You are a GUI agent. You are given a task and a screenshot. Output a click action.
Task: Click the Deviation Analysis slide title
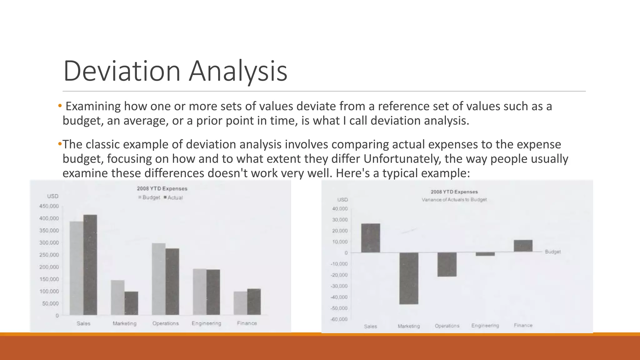point(175,71)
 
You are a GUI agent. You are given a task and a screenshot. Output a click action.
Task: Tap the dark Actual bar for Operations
point(172,281)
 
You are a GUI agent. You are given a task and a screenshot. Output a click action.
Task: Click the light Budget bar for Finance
point(240,303)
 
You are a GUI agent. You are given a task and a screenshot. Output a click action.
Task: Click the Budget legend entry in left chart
point(151,197)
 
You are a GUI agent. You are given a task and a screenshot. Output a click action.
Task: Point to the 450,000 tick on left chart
point(49,206)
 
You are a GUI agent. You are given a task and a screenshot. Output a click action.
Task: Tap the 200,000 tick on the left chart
point(49,267)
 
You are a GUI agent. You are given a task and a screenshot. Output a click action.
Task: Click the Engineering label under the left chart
point(206,323)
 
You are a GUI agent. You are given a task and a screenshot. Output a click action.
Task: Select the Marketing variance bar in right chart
point(409,278)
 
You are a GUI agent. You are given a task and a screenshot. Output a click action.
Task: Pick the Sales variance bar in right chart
point(371,238)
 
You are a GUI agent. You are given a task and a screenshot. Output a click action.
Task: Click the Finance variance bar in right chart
point(523,246)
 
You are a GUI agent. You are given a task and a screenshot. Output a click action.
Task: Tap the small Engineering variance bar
point(485,254)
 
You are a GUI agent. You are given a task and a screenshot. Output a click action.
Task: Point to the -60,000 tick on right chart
point(339,319)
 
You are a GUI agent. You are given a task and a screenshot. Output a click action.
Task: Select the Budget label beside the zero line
point(552,252)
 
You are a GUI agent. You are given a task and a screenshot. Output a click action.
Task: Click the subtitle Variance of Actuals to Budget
point(454,200)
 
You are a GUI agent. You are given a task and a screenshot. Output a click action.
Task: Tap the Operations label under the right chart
point(447,326)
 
